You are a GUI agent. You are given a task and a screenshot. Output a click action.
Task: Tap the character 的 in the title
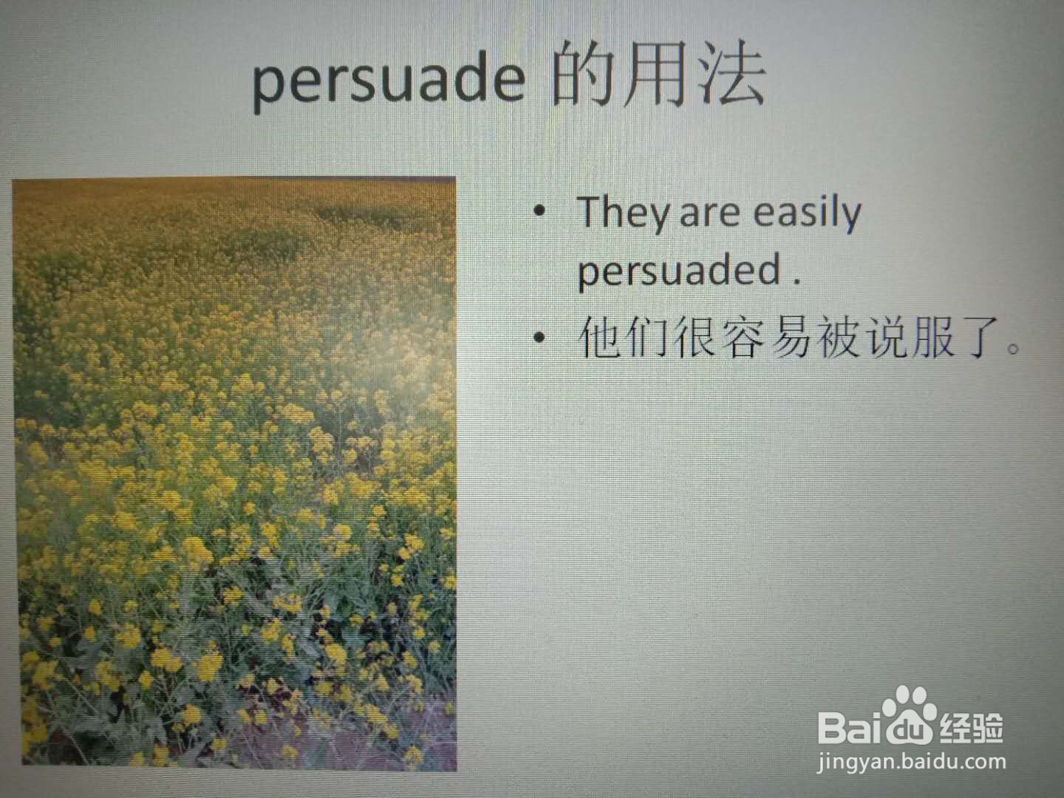point(582,75)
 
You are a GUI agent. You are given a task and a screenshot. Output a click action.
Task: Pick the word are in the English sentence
point(710,216)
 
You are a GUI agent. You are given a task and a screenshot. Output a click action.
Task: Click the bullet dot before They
point(539,211)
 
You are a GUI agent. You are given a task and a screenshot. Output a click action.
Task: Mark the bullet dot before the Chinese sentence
point(539,337)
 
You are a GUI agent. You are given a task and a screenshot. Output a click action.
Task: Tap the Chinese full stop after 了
point(1012,348)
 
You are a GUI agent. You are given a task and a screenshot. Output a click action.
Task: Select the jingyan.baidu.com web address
point(911,763)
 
